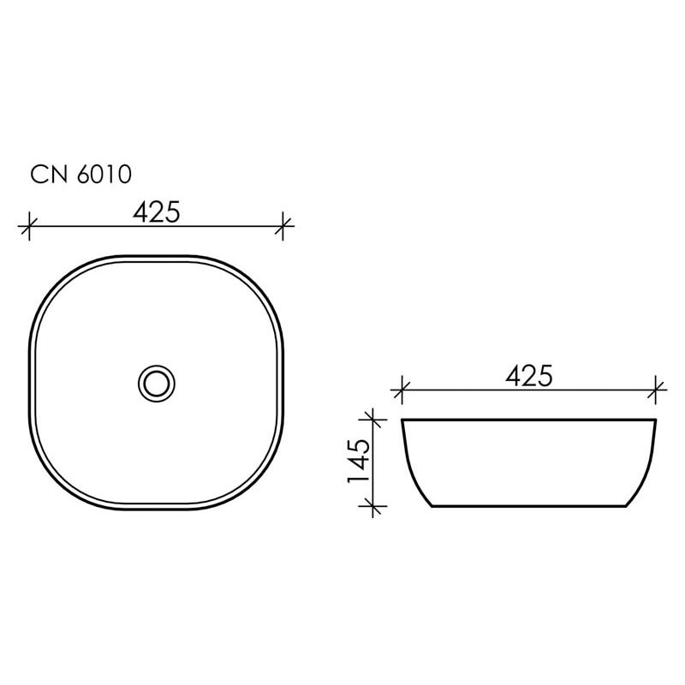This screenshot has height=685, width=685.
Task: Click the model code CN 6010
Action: click(80, 175)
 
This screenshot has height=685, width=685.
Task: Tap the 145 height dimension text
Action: click(359, 462)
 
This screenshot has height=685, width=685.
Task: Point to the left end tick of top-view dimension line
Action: click(30, 227)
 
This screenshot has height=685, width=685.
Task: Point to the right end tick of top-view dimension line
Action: click(284, 227)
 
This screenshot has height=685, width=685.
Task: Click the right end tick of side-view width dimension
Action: click(657, 391)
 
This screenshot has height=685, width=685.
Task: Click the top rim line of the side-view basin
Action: click(529, 420)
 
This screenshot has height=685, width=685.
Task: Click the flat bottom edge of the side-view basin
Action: click(529, 507)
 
